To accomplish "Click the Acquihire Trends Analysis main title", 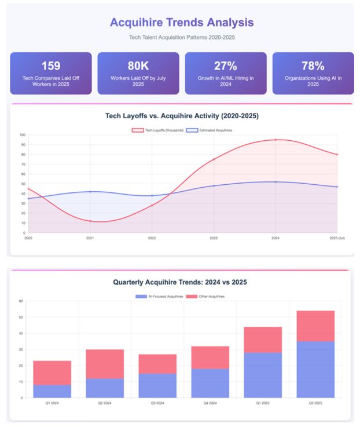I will pyautogui.click(x=181, y=23).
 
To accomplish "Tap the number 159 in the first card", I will pyautogui.click(x=50, y=65).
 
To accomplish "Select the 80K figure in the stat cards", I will pyautogui.click(x=138, y=65).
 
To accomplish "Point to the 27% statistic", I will pyautogui.click(x=225, y=65).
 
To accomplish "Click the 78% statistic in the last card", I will pyautogui.click(x=313, y=65).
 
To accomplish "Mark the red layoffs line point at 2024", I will pyautogui.click(x=275, y=140).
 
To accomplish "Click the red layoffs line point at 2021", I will pyautogui.click(x=90, y=221).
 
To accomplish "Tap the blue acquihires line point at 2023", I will pyautogui.click(x=214, y=186).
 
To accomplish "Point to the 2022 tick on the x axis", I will pyautogui.click(x=152, y=238).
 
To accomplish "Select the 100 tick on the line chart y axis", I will pyautogui.click(x=23, y=135).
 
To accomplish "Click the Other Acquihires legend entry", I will pyautogui.click(x=209, y=296).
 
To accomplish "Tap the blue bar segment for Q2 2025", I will pyautogui.click(x=315, y=369).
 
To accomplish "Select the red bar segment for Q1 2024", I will pyautogui.click(x=52, y=373).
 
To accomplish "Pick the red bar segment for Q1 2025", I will pyautogui.click(x=262, y=340).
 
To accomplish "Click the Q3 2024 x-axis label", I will pyautogui.click(x=157, y=403).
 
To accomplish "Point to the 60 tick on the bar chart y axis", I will pyautogui.click(x=21, y=301).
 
